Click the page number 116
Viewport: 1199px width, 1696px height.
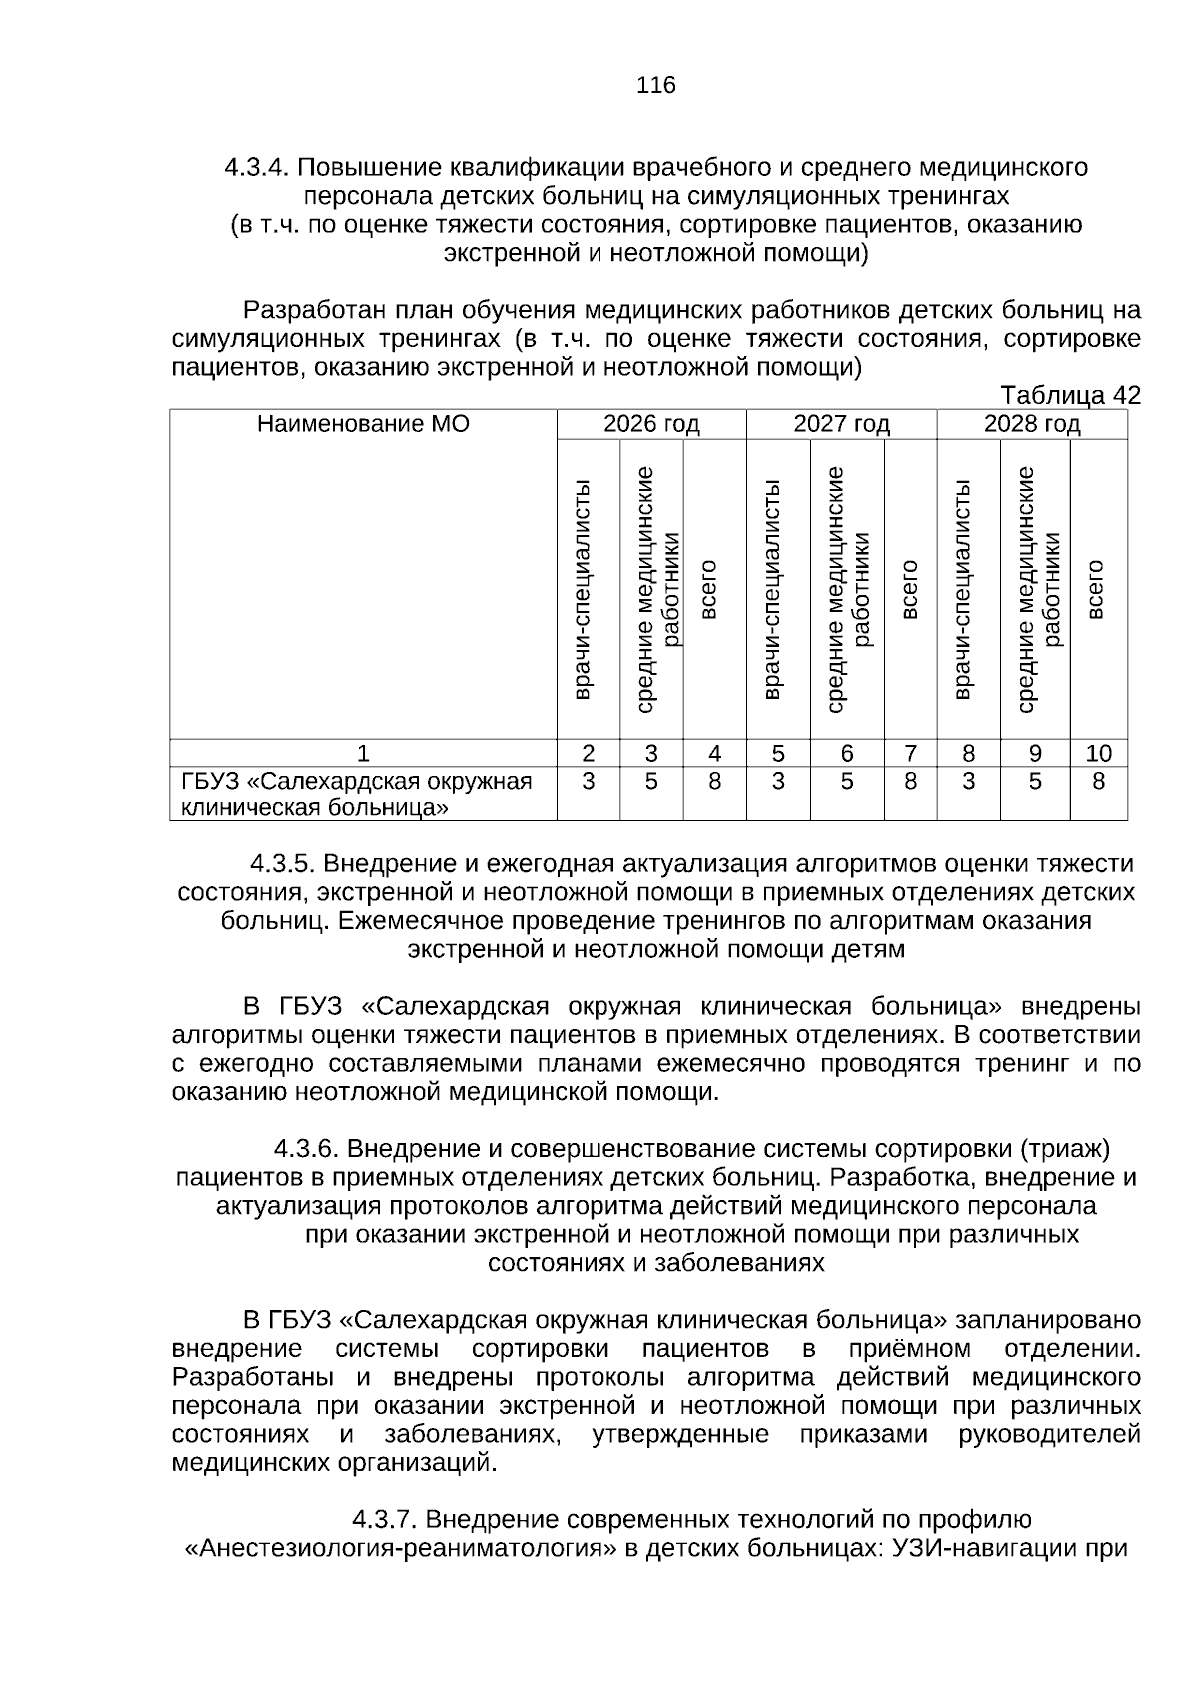tap(656, 85)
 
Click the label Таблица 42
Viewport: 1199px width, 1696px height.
tap(1070, 396)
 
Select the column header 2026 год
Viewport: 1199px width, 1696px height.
tap(651, 424)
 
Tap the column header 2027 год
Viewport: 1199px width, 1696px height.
tap(841, 424)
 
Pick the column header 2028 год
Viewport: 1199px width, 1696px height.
tap(1032, 424)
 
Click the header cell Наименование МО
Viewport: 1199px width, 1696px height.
tap(363, 424)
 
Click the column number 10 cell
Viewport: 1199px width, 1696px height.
tap(1098, 753)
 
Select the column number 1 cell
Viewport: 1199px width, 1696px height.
tap(363, 753)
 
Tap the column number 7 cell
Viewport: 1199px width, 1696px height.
tap(910, 753)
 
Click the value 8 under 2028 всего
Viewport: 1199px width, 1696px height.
tap(1098, 781)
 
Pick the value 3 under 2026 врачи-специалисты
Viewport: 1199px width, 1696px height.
tap(588, 781)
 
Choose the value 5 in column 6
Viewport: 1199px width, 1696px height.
tap(847, 781)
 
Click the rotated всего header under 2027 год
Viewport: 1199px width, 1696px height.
tap(910, 590)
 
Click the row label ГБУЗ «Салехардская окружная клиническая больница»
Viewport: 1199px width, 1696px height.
tap(356, 794)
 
